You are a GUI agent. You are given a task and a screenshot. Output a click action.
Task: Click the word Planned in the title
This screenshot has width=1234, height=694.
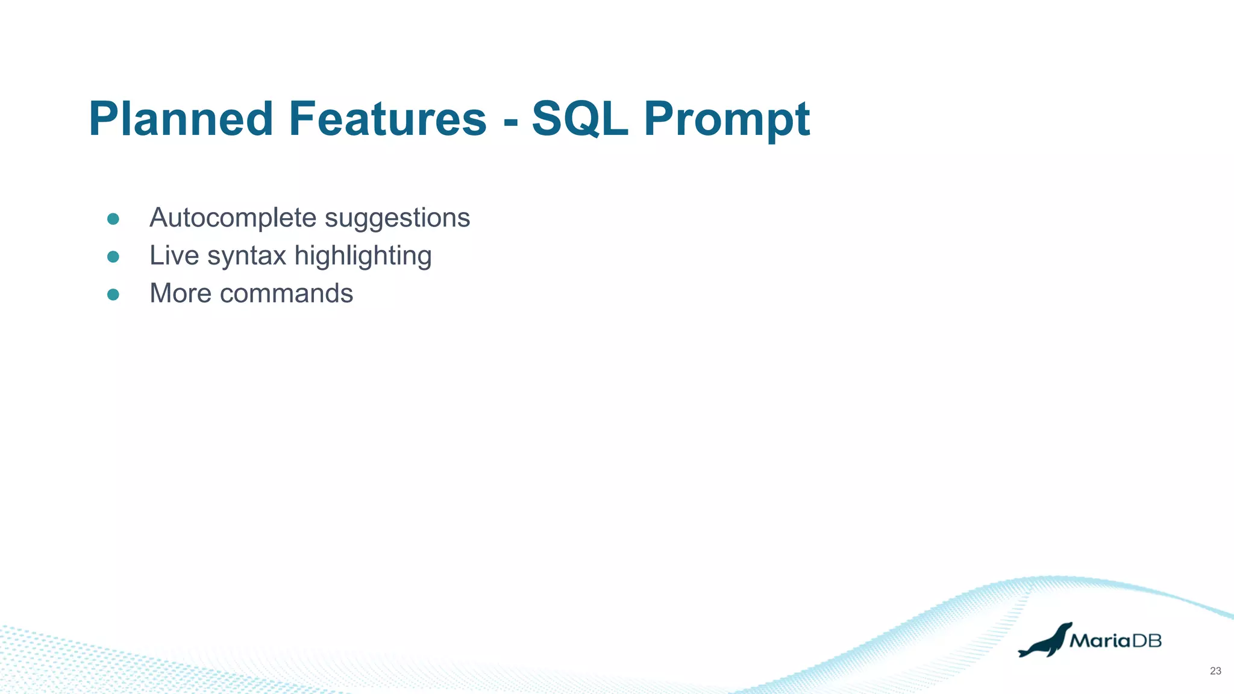point(181,119)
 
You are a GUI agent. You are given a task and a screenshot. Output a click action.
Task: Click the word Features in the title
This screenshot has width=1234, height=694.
point(387,119)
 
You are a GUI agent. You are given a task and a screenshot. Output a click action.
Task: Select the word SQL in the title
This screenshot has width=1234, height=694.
point(580,119)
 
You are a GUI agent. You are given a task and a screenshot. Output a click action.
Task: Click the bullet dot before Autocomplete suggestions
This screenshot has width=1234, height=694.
point(113,219)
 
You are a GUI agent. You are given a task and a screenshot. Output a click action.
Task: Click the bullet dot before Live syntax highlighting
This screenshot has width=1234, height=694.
point(113,257)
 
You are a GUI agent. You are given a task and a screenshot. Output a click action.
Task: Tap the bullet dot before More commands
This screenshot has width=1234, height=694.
point(113,295)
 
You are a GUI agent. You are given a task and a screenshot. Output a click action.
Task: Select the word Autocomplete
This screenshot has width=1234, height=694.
point(233,218)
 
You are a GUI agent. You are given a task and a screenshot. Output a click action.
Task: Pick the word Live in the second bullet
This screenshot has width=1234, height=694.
point(174,255)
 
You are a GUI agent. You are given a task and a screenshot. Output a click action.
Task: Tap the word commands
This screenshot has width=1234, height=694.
point(286,293)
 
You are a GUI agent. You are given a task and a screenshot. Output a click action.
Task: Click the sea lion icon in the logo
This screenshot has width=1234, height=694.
point(1045,641)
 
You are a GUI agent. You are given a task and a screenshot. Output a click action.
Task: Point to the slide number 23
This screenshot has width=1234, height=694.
point(1215,671)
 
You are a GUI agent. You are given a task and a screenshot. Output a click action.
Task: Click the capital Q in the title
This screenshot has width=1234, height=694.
point(584,120)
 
